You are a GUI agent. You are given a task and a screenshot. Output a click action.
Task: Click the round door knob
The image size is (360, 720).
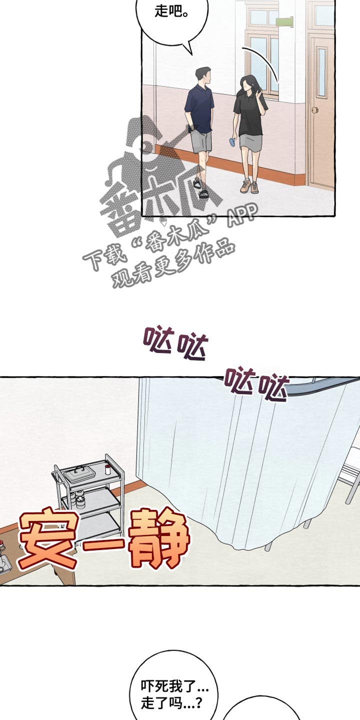click(x=315, y=109)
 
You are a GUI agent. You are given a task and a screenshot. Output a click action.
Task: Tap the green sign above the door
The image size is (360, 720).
click(x=284, y=21)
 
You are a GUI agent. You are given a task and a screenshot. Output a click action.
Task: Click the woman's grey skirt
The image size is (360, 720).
click(x=250, y=142)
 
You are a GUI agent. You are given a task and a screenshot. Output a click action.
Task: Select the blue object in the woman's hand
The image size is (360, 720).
click(x=232, y=141)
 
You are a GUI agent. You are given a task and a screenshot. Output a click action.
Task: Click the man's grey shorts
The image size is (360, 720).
click(x=201, y=141)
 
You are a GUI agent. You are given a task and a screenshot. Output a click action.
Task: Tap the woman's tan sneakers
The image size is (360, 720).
click(x=249, y=187)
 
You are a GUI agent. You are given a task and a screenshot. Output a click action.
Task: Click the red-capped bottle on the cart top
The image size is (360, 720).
click(x=107, y=469)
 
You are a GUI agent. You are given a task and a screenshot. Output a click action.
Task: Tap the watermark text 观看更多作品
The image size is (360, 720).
click(x=174, y=262)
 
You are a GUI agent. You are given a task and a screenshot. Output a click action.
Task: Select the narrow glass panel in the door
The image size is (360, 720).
click(x=322, y=72)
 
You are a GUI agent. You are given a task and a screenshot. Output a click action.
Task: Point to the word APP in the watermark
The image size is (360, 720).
click(x=242, y=213)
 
